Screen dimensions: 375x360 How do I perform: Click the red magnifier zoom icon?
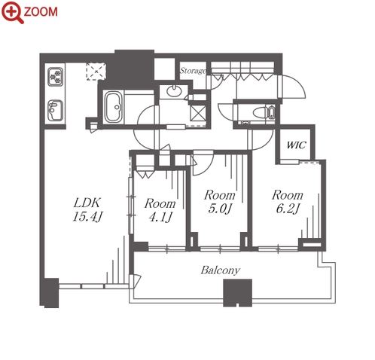pos(12,12)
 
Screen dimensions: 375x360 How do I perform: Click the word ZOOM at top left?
pos(41,12)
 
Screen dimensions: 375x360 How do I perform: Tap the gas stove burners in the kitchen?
pos(56,76)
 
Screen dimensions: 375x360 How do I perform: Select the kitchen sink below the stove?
pos(55,111)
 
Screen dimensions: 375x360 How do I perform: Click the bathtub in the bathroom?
pos(114,107)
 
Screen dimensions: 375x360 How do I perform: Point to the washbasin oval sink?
pos(174,91)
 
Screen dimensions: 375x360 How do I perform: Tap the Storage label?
pos(193,71)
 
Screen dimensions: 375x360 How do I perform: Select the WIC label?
pos(297,145)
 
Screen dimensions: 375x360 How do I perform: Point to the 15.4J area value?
pos(87,216)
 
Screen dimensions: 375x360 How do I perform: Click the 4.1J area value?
pos(160,217)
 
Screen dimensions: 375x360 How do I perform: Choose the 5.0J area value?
pos(219,209)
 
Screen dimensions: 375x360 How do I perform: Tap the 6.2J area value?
pos(288,209)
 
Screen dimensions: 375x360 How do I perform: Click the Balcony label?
pos(221,270)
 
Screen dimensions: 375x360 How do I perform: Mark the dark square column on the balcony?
pos(237,293)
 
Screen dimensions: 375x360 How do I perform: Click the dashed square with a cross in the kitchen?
pos(96,72)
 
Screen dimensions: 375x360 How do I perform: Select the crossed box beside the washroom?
pos(198,113)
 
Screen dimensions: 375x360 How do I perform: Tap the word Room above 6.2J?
pos(288,195)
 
